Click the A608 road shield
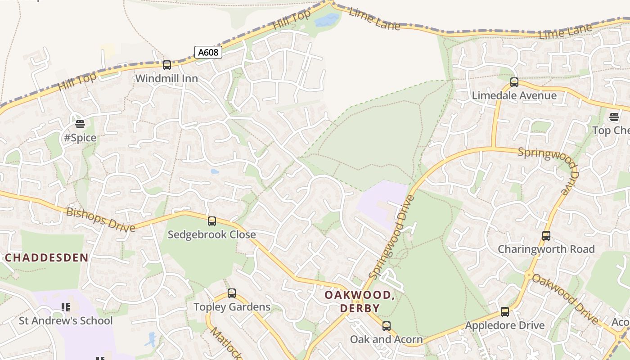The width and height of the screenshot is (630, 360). click(208, 52)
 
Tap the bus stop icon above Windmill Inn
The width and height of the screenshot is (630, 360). click(167, 65)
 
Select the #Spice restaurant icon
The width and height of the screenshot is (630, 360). click(80, 124)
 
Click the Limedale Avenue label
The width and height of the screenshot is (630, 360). click(514, 95)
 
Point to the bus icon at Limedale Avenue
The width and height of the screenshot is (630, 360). click(514, 82)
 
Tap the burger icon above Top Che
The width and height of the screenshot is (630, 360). click(614, 117)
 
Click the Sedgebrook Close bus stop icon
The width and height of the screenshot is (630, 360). click(211, 221)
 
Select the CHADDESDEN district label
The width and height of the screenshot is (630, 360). click(47, 258)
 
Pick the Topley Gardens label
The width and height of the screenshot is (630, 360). click(232, 307)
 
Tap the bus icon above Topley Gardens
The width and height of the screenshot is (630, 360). click(231, 293)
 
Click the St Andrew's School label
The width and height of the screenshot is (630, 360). click(66, 321)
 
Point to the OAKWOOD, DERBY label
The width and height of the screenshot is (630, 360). click(360, 301)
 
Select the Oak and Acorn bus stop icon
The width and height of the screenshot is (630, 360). click(386, 326)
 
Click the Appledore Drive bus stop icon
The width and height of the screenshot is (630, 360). click(505, 312)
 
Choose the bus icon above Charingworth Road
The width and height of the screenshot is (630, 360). click(546, 236)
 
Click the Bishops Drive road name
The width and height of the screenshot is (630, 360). click(101, 220)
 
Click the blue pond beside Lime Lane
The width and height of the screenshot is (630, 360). click(327, 20)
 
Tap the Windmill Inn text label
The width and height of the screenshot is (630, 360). click(166, 78)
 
